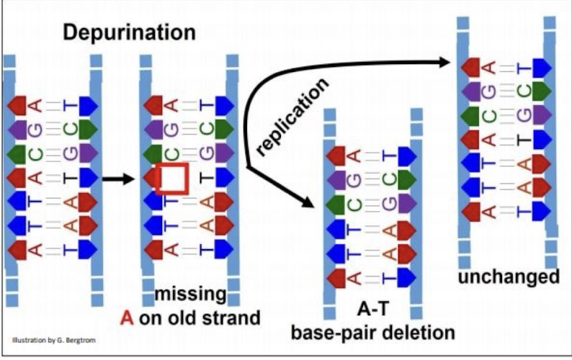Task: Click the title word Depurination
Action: (x=129, y=32)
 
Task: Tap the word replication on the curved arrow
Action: (x=292, y=114)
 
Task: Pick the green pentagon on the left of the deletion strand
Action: (x=336, y=203)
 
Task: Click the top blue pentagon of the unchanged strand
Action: (x=541, y=68)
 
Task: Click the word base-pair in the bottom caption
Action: (x=331, y=333)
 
